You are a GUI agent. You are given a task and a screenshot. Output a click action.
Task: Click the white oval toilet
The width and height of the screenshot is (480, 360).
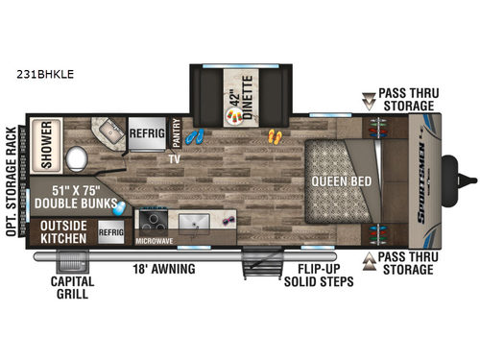click(78, 158)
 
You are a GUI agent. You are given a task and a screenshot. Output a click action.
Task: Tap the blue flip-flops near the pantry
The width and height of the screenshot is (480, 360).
click(195, 137)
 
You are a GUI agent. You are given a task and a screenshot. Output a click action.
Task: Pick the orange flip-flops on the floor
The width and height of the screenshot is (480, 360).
click(275, 137)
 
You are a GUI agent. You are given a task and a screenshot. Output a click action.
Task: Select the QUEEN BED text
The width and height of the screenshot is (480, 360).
click(334, 179)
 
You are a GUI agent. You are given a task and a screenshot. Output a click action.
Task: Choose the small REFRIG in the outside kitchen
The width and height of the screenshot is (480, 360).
click(111, 231)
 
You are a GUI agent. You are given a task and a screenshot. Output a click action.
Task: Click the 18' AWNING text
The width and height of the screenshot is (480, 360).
click(163, 269)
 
